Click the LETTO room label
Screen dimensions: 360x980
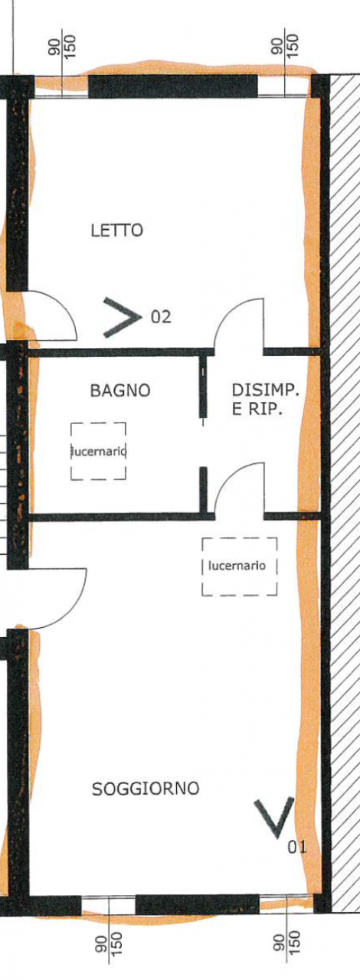pos(117,230)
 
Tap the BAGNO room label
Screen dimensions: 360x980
pos(120,390)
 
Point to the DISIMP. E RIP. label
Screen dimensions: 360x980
pos(265,400)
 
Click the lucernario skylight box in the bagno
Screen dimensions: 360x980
pos(99,451)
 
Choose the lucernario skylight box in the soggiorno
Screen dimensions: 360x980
pos(239,566)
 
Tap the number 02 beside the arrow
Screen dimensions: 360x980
pos(161,316)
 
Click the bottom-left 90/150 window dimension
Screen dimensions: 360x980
pos(109,946)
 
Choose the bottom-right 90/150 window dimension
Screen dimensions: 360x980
pos(287,946)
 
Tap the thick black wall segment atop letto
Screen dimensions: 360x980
pos(173,87)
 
